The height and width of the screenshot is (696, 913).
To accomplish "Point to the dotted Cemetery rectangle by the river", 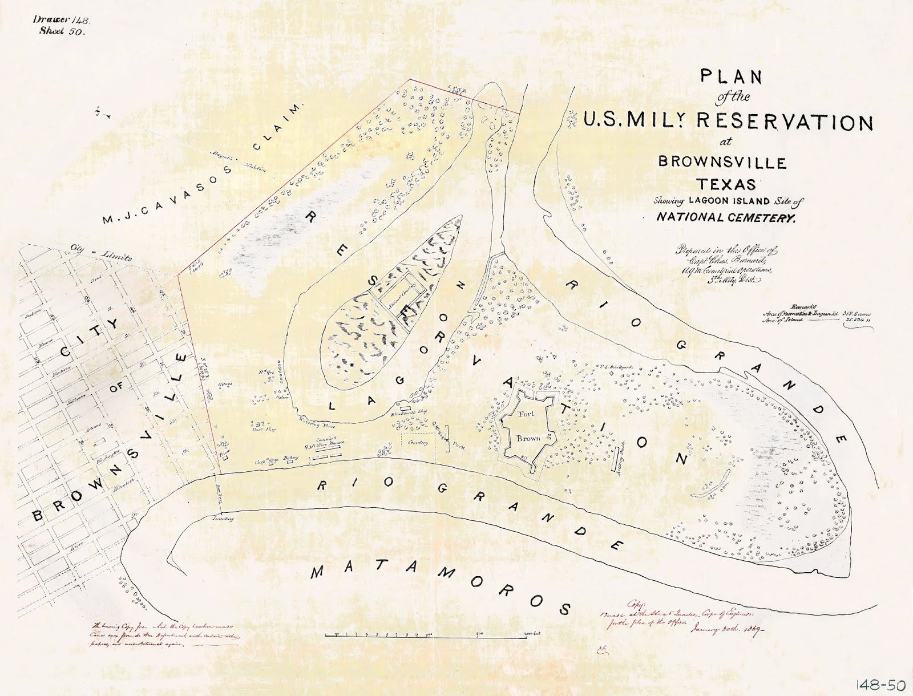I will coord(418,445).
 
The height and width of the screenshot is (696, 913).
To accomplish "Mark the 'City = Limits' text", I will coord(100,253).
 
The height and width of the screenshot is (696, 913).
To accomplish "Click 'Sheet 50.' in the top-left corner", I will coord(62,31).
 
